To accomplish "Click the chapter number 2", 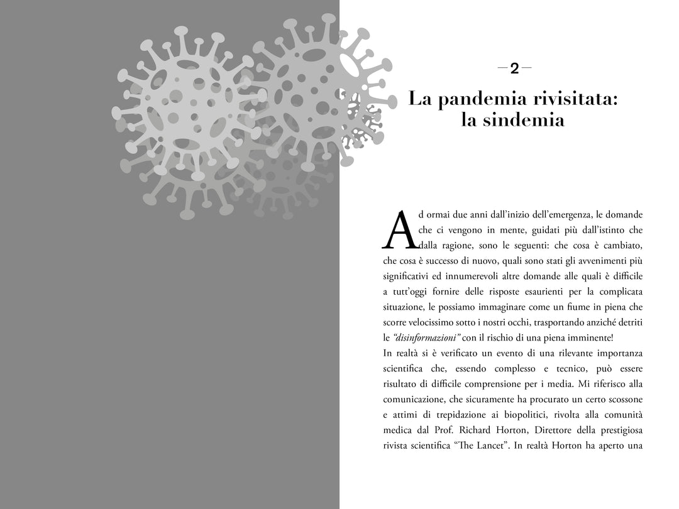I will pyautogui.click(x=514, y=68).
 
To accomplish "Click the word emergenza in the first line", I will pyautogui.click(x=570, y=215).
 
